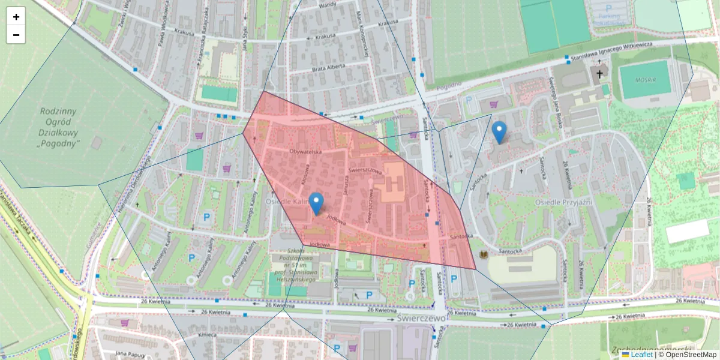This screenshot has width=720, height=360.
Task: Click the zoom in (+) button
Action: click(x=16, y=17)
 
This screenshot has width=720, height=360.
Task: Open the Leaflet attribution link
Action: click(x=641, y=355)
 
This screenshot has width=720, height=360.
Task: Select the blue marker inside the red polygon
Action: click(x=316, y=203)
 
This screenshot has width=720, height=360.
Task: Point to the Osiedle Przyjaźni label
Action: click(x=563, y=202)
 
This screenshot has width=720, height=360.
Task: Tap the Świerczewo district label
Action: click(x=422, y=317)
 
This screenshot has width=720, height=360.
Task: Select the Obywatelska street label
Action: click(x=306, y=152)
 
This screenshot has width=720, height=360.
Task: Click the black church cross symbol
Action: click(x=599, y=73)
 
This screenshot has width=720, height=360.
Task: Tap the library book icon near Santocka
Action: click(x=483, y=256)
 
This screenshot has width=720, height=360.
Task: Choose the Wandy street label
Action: click(x=328, y=5)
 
